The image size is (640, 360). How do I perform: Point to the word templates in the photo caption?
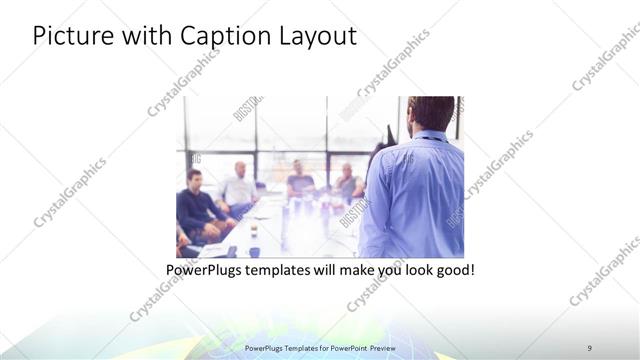288,270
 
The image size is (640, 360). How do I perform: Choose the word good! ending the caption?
452,270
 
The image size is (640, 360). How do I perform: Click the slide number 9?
589,347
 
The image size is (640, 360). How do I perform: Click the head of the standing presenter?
431,112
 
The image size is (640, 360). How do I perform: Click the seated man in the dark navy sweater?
198,205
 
